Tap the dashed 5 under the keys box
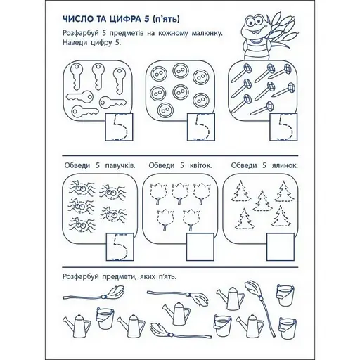(115, 131)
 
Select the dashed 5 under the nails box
(284, 131)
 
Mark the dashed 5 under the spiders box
(115, 247)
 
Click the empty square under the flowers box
(200, 247)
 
